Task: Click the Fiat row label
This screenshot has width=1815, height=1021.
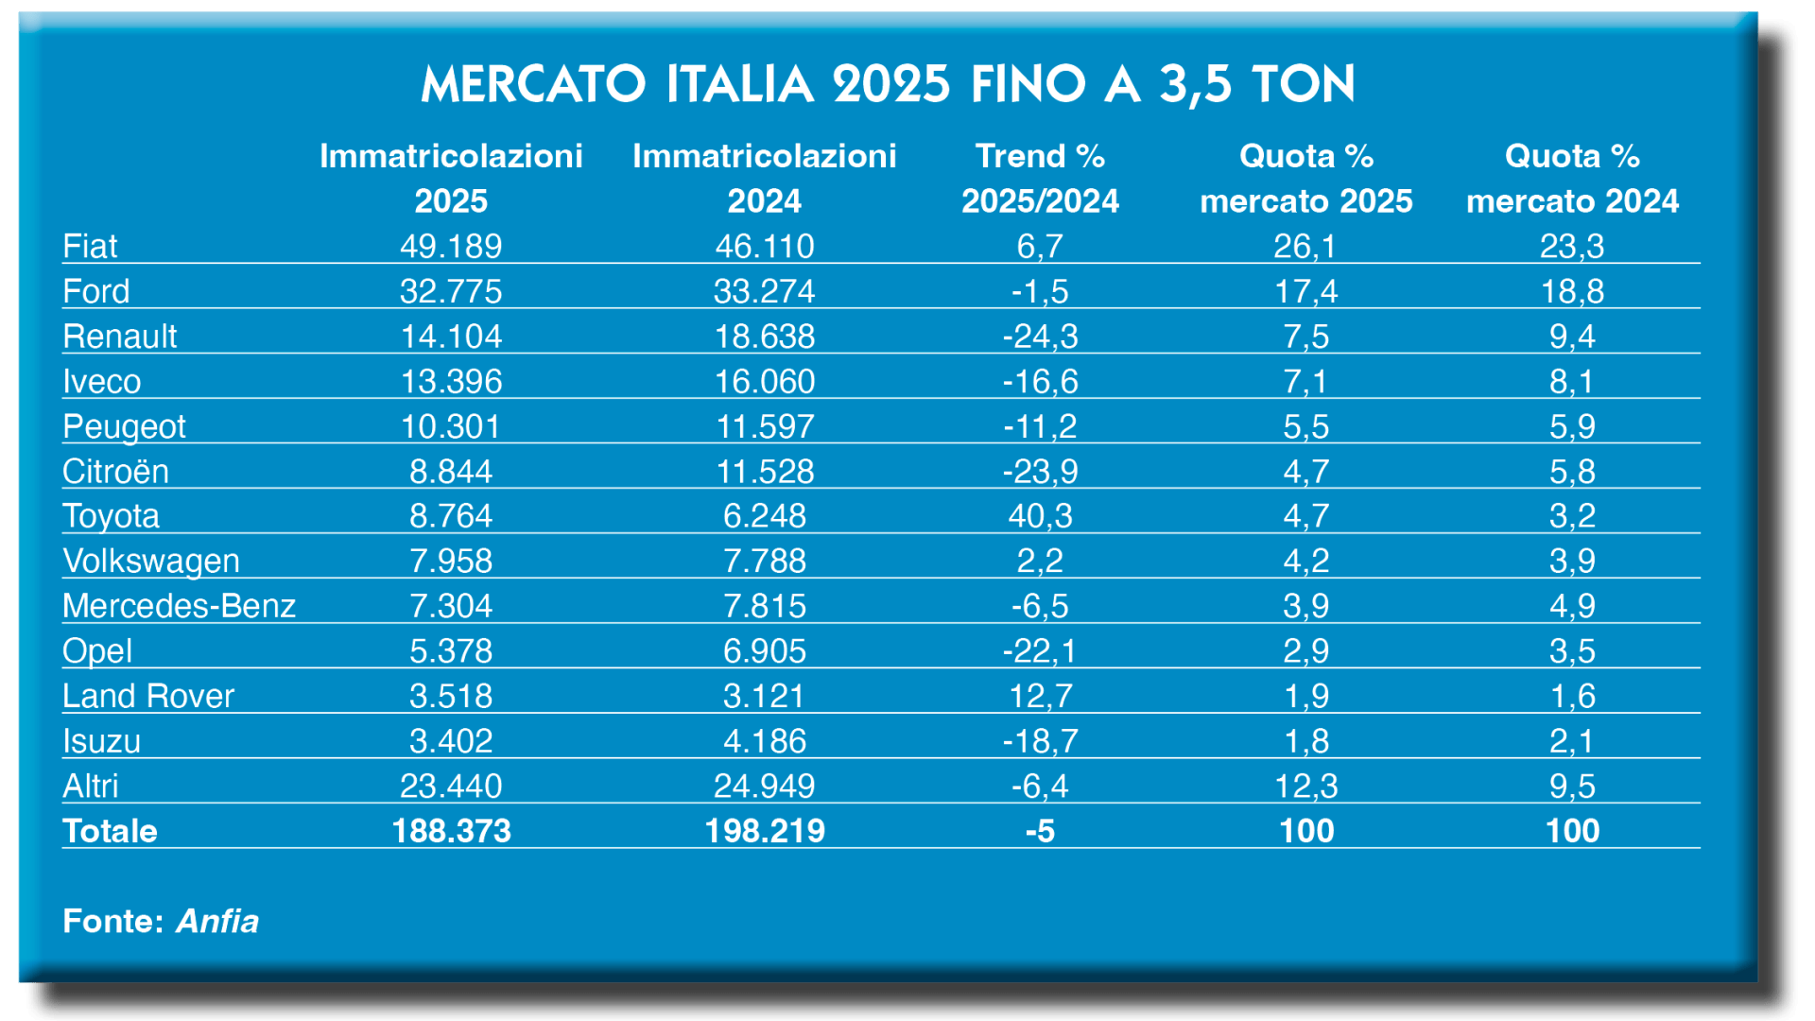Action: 90,247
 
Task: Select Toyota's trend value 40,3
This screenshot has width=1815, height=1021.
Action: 1040,516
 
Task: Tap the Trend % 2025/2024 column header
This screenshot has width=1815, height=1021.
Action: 1040,179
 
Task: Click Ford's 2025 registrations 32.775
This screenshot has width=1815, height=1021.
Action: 451,291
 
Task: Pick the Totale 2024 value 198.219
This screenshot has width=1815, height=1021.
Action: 765,831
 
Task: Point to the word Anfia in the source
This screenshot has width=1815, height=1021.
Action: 217,921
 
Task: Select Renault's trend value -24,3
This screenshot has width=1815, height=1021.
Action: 1040,337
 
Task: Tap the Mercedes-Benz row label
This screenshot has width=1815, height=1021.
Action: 179,606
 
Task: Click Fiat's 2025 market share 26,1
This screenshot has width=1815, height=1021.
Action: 1305,247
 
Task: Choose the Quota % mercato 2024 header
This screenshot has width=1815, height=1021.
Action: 1572,179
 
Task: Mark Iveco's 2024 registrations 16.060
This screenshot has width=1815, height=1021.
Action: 765,382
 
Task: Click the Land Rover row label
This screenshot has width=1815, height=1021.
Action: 148,696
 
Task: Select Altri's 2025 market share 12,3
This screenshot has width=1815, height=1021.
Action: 1305,786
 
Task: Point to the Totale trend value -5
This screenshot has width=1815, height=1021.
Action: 1040,831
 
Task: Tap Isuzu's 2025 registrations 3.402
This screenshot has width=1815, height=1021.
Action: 451,741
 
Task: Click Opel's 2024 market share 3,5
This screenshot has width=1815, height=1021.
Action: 1572,651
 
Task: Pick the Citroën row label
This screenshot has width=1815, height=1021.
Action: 115,472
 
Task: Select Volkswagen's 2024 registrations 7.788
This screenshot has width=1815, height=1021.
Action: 765,562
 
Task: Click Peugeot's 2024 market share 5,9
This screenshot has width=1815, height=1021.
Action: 1572,426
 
